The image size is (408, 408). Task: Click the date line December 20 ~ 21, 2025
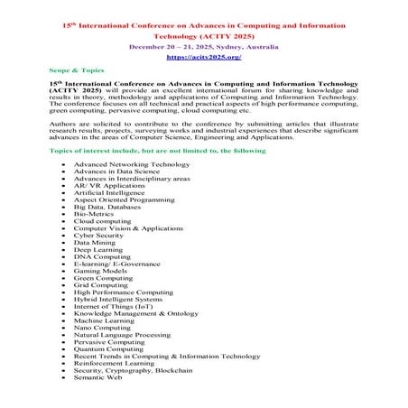click(x=203, y=42)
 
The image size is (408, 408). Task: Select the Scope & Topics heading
click(x=78, y=70)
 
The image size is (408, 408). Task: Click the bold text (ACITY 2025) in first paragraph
click(x=77, y=91)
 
